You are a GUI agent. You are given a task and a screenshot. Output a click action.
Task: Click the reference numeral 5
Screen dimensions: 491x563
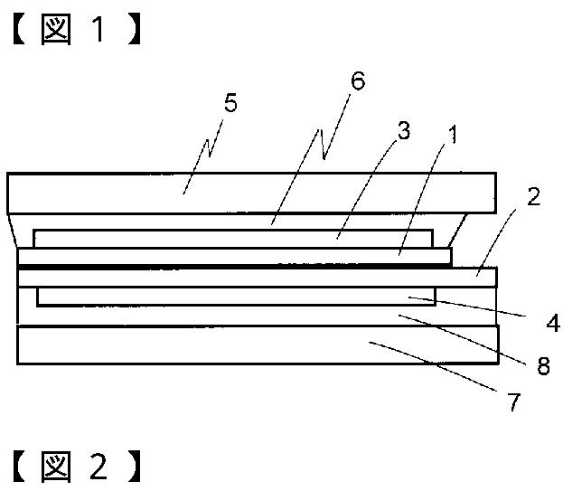(x=230, y=103)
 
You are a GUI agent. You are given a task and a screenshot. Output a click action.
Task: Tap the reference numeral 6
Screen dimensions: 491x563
(x=357, y=81)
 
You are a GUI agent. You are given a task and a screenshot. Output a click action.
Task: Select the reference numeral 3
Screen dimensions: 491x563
(x=403, y=130)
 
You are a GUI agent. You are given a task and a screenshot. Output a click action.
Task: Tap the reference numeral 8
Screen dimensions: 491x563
(x=542, y=366)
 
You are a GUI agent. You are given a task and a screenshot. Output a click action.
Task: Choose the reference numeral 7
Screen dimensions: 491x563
(x=514, y=401)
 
